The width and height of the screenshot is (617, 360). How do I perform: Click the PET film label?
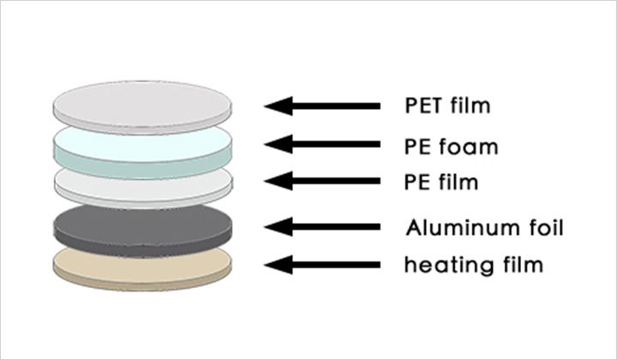pyautogui.click(x=446, y=107)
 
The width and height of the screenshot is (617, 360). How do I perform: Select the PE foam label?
pyautogui.click(x=451, y=146)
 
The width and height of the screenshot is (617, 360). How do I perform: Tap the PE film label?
pyautogui.click(x=440, y=183)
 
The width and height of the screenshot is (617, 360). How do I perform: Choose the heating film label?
pyautogui.click(x=473, y=265)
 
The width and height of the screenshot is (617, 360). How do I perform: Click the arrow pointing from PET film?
pyautogui.click(x=322, y=106)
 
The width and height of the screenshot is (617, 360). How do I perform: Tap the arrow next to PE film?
pyautogui.click(x=322, y=182)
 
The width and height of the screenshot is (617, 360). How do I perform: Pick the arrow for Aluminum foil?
pyautogui.click(x=322, y=227)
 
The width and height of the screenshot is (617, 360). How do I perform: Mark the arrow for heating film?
pyautogui.click(x=322, y=265)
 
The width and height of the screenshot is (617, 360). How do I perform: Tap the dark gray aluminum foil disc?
pyautogui.click(x=142, y=225)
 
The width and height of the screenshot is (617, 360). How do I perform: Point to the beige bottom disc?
pyautogui.click(x=142, y=264)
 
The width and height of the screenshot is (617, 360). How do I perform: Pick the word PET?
pyautogui.click(x=422, y=107)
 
